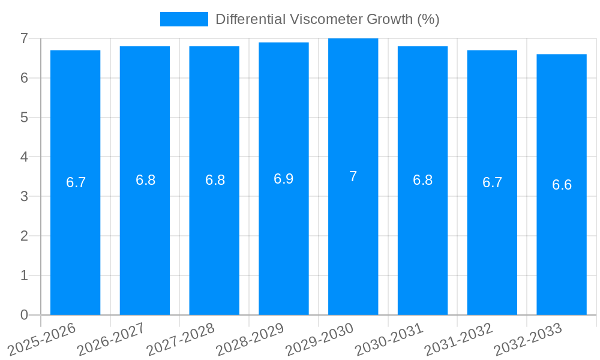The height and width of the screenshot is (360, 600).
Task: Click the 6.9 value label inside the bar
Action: tap(284, 179)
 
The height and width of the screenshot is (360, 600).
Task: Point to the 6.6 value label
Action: tap(562, 185)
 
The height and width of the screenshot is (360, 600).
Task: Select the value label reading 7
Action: tap(353, 176)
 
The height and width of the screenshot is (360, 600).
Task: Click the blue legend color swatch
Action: tap(184, 19)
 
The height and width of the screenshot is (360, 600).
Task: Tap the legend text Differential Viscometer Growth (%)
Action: tap(328, 19)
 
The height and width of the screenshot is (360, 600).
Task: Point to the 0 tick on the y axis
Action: tap(24, 315)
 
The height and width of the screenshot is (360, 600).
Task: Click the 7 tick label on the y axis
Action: tap(24, 38)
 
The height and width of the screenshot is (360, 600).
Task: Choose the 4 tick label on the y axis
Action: tap(24, 157)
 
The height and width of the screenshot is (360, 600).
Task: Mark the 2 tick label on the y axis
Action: tap(24, 236)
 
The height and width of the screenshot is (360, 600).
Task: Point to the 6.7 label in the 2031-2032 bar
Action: tap(492, 183)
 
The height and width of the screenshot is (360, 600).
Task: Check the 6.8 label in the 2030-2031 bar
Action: tap(422, 180)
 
